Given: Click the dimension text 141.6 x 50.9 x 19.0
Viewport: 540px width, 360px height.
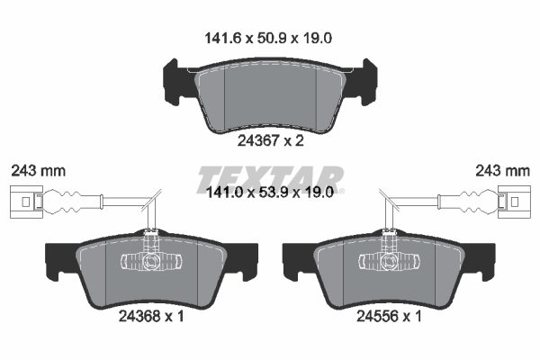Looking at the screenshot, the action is (268, 38).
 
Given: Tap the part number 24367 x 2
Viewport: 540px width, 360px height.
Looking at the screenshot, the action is (270, 141).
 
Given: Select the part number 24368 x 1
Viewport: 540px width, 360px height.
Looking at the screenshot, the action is (151, 316).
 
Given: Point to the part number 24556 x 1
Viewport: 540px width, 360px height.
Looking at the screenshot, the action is (389, 316).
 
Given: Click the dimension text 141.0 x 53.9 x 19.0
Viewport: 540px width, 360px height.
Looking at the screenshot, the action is (270, 193).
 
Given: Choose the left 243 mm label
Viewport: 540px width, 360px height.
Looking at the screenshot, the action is (38, 171).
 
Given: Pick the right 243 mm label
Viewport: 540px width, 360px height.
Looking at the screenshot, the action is (502, 171).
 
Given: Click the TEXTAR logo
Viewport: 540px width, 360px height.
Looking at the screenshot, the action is (270, 179).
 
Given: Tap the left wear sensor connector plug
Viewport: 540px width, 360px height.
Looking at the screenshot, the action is (26, 202).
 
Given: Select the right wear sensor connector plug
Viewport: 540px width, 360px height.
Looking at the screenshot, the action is (514, 202).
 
